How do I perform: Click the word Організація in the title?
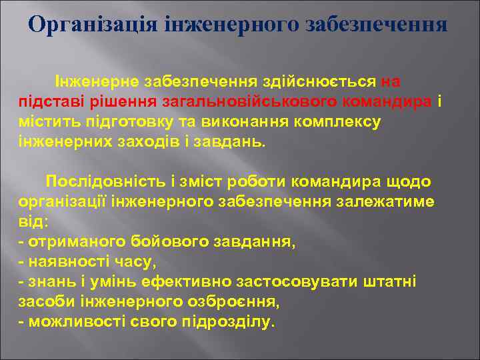pos(84,25)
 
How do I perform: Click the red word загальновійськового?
pos(250,102)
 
